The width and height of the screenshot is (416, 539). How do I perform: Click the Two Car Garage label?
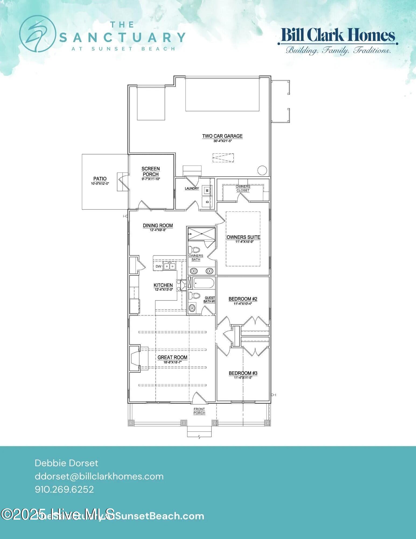click(x=222, y=136)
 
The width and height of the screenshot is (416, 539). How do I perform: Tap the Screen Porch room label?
click(x=151, y=171)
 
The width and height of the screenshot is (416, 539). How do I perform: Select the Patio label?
click(x=100, y=178)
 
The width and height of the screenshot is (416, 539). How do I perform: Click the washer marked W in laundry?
click(x=207, y=191)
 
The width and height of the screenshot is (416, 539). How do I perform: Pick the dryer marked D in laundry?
click(x=207, y=201)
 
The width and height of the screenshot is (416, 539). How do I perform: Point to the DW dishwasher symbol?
click(x=158, y=267)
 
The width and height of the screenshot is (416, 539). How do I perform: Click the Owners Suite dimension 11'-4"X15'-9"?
click(x=243, y=242)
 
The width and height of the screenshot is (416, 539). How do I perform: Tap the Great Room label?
click(x=172, y=357)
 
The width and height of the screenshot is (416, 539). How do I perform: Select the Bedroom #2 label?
click(x=243, y=299)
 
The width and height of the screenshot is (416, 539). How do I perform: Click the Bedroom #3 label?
click(x=243, y=373)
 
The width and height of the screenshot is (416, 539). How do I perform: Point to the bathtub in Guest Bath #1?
click(x=204, y=283)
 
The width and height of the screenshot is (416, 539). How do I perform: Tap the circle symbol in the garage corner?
click(x=262, y=170)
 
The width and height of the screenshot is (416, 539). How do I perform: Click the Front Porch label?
click(x=199, y=411)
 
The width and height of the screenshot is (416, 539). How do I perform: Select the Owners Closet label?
click(x=243, y=188)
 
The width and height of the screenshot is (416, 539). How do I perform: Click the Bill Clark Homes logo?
click(x=338, y=40)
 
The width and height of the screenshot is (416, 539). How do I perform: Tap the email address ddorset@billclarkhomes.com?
click(x=99, y=476)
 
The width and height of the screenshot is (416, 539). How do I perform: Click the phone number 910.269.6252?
click(x=64, y=489)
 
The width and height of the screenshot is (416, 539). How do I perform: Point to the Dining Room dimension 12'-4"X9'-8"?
click(x=158, y=230)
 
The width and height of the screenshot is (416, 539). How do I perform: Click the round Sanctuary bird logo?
click(x=37, y=34)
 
